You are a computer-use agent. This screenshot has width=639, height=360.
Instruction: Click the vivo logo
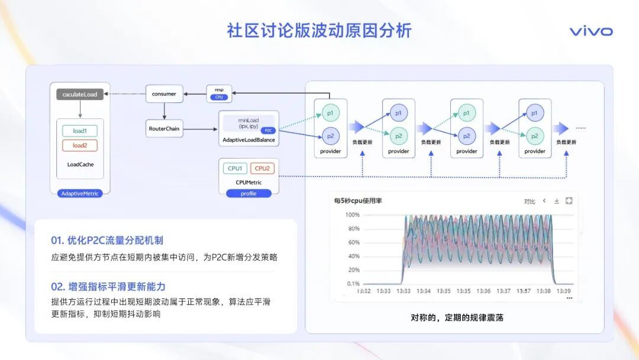click(590, 31)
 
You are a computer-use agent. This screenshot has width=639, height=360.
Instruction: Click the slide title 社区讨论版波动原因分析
click(319, 31)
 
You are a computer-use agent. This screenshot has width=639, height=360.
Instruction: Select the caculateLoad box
click(80, 94)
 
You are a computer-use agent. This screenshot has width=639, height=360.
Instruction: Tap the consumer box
click(164, 94)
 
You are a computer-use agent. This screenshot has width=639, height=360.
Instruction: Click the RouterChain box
click(164, 128)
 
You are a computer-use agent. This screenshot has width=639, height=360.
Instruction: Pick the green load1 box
click(79, 131)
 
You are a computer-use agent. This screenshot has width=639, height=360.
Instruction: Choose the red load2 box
click(79, 146)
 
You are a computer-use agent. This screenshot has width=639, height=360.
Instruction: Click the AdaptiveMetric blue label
click(80, 193)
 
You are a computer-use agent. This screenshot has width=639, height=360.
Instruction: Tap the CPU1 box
click(235, 168)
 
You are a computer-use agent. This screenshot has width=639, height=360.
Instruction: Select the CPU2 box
click(262, 168)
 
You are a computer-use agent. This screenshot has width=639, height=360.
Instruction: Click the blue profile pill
click(248, 193)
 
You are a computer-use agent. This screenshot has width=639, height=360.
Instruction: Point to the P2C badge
click(268, 130)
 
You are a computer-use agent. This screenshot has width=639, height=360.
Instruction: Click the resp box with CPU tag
click(219, 94)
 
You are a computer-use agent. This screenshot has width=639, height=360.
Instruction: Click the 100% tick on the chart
click(352, 215)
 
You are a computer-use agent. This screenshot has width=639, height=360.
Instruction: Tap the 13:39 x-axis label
click(563, 291)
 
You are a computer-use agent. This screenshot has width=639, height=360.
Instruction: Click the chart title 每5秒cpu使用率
click(358, 201)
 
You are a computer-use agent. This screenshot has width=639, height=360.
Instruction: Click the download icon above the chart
click(556, 201)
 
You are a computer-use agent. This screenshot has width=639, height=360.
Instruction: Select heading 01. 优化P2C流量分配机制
click(107, 240)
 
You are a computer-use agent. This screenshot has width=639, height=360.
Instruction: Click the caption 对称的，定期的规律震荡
click(457, 317)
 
